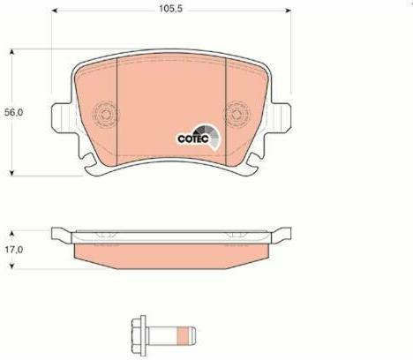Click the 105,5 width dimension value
point(170,9)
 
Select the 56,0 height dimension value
point(13,112)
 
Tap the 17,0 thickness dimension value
point(13,250)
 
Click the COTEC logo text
point(193,139)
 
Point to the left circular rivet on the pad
point(105,115)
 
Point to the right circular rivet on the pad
point(237,115)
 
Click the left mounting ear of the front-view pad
point(62,117)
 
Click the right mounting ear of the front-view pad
point(282,117)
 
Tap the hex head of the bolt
point(139,336)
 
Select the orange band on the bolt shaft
point(183,336)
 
